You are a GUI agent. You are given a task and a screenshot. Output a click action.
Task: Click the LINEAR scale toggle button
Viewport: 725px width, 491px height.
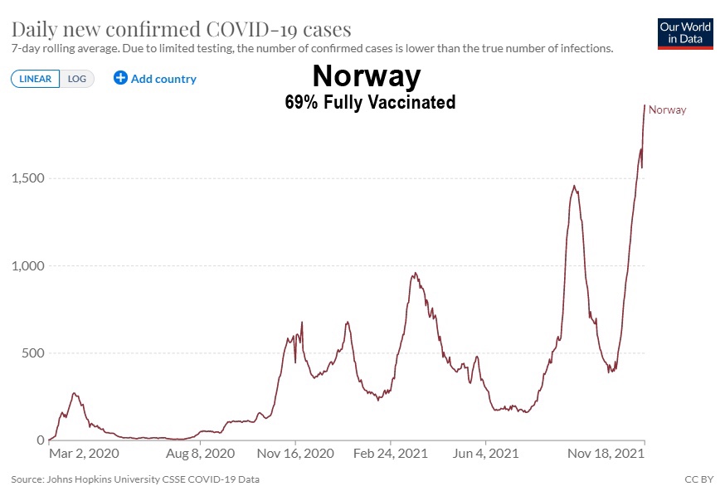pos(36,79)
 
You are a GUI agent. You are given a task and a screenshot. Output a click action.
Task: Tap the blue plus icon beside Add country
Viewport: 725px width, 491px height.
pos(120,79)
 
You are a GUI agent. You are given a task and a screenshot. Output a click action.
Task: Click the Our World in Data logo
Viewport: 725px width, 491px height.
pos(685,33)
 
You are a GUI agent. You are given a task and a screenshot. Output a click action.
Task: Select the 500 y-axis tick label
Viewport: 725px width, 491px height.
pos(31,353)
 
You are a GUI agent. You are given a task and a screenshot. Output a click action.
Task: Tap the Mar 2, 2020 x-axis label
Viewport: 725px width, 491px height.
pos(85,454)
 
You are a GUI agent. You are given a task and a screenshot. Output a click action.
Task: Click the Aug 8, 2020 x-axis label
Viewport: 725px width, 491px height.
pos(201,454)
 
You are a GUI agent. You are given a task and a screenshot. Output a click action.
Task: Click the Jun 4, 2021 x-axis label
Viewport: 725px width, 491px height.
pos(487,454)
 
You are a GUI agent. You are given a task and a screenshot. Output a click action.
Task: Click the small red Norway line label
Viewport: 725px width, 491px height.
pos(667,110)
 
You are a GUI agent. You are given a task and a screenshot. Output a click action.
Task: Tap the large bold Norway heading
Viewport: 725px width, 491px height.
pos(367,77)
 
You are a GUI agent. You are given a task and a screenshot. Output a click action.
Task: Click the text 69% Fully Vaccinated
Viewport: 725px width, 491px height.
pos(369,103)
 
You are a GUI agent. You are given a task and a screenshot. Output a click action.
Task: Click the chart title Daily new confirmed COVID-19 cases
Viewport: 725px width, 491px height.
pos(182,29)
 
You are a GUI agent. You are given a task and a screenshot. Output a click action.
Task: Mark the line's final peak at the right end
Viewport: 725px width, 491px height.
pos(645,105)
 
